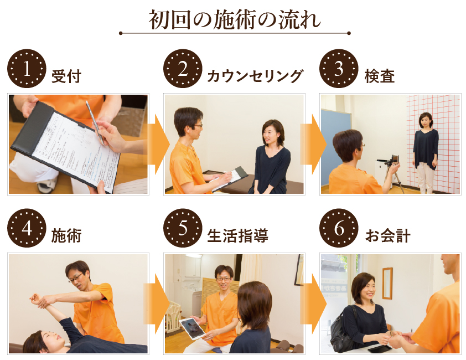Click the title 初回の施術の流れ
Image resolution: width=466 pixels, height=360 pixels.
235,20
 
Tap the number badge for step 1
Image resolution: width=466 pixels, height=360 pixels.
27,69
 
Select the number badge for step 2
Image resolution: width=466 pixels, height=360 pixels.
183,69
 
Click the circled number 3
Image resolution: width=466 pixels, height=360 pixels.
339,69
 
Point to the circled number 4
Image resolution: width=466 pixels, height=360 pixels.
27,228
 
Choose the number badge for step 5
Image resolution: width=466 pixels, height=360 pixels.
183,228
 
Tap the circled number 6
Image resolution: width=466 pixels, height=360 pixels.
339,228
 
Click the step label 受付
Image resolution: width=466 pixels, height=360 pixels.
66,76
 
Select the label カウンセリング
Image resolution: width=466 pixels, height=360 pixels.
255,76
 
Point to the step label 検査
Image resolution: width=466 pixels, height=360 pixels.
380,76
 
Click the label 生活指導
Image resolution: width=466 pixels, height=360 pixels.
238,235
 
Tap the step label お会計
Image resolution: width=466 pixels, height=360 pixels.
388,235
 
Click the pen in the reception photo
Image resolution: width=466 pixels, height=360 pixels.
95,122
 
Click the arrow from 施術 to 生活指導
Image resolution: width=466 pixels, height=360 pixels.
157,304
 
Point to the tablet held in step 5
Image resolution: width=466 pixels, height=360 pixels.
192,328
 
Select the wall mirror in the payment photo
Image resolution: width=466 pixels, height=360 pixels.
387,283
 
